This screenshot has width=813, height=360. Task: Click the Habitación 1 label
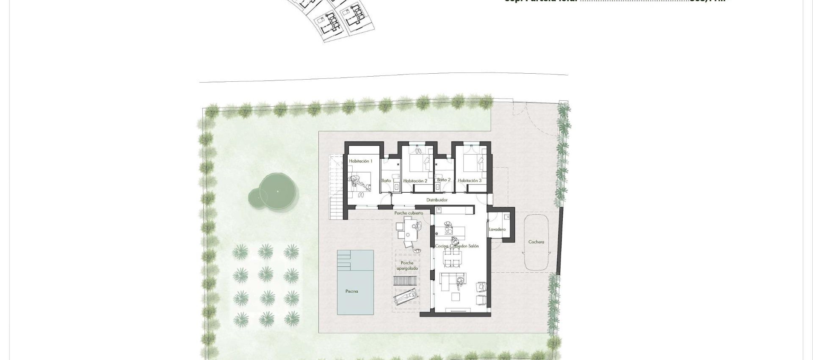[360, 161]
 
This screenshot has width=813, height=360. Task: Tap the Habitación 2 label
[415, 181]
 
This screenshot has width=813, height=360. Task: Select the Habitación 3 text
[470, 181]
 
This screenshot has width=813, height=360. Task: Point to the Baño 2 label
[443, 180]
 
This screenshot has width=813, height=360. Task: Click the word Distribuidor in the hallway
[437, 200]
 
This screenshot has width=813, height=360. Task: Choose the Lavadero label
[497, 230]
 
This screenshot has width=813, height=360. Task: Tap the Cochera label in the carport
[536, 242]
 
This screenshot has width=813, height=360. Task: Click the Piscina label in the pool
[351, 291]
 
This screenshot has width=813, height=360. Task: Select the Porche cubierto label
[408, 213]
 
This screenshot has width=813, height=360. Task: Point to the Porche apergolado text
[407, 266]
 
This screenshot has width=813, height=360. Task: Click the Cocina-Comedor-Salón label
[457, 246]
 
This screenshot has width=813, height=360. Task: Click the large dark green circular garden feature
[277, 191]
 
